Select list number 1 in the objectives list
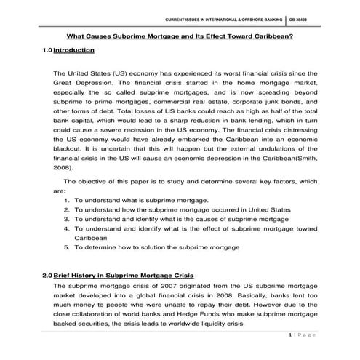point(66,199)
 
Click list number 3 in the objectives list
point(66,218)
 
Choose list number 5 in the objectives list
point(66,247)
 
